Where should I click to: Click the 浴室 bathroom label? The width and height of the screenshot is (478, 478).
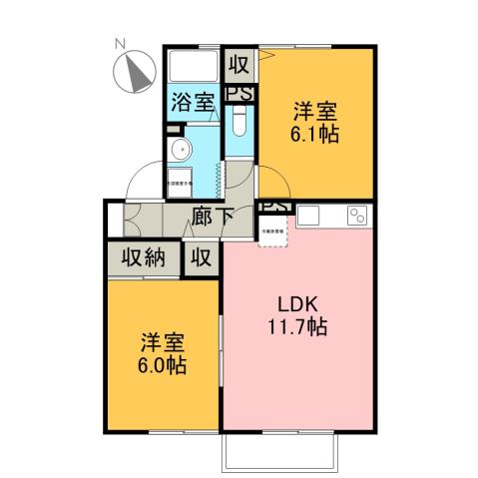(x=192, y=101)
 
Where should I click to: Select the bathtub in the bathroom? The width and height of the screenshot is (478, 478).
(x=192, y=68)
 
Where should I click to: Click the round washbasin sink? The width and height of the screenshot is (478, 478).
(x=181, y=151)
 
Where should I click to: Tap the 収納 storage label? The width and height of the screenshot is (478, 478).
(x=144, y=256)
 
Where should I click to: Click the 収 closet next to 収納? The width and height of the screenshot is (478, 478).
(x=202, y=256)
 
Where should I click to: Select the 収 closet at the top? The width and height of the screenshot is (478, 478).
(x=239, y=65)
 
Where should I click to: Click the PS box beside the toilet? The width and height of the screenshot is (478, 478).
(x=239, y=94)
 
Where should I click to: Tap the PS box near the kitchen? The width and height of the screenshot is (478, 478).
(x=274, y=210)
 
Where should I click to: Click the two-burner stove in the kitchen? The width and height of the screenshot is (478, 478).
(x=356, y=216)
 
